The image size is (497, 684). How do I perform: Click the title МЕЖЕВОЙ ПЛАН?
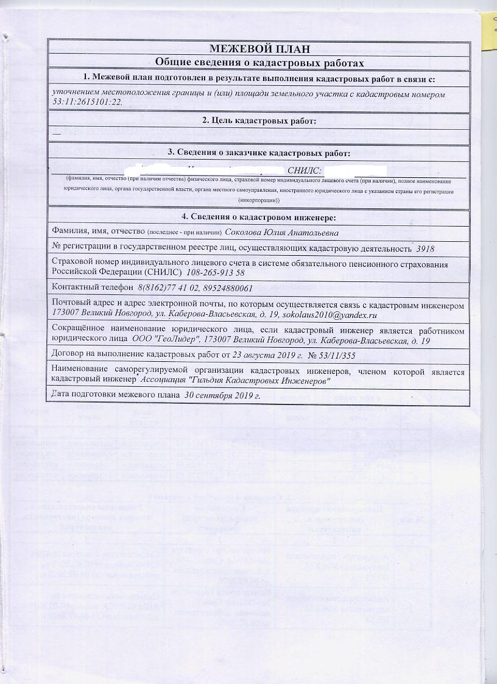[x=260, y=49]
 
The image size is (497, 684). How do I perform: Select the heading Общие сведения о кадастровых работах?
[x=260, y=62]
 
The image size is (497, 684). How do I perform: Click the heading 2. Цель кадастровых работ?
[x=260, y=121]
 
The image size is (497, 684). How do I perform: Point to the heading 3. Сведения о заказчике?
[x=260, y=152]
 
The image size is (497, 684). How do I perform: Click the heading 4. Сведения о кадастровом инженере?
[x=260, y=217]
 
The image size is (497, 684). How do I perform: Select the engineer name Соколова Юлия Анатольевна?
[x=278, y=232]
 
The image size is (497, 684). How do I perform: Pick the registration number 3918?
[x=425, y=249]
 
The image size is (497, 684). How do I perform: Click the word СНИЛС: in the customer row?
[x=303, y=171]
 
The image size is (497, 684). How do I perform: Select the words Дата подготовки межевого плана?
[x=117, y=396]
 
